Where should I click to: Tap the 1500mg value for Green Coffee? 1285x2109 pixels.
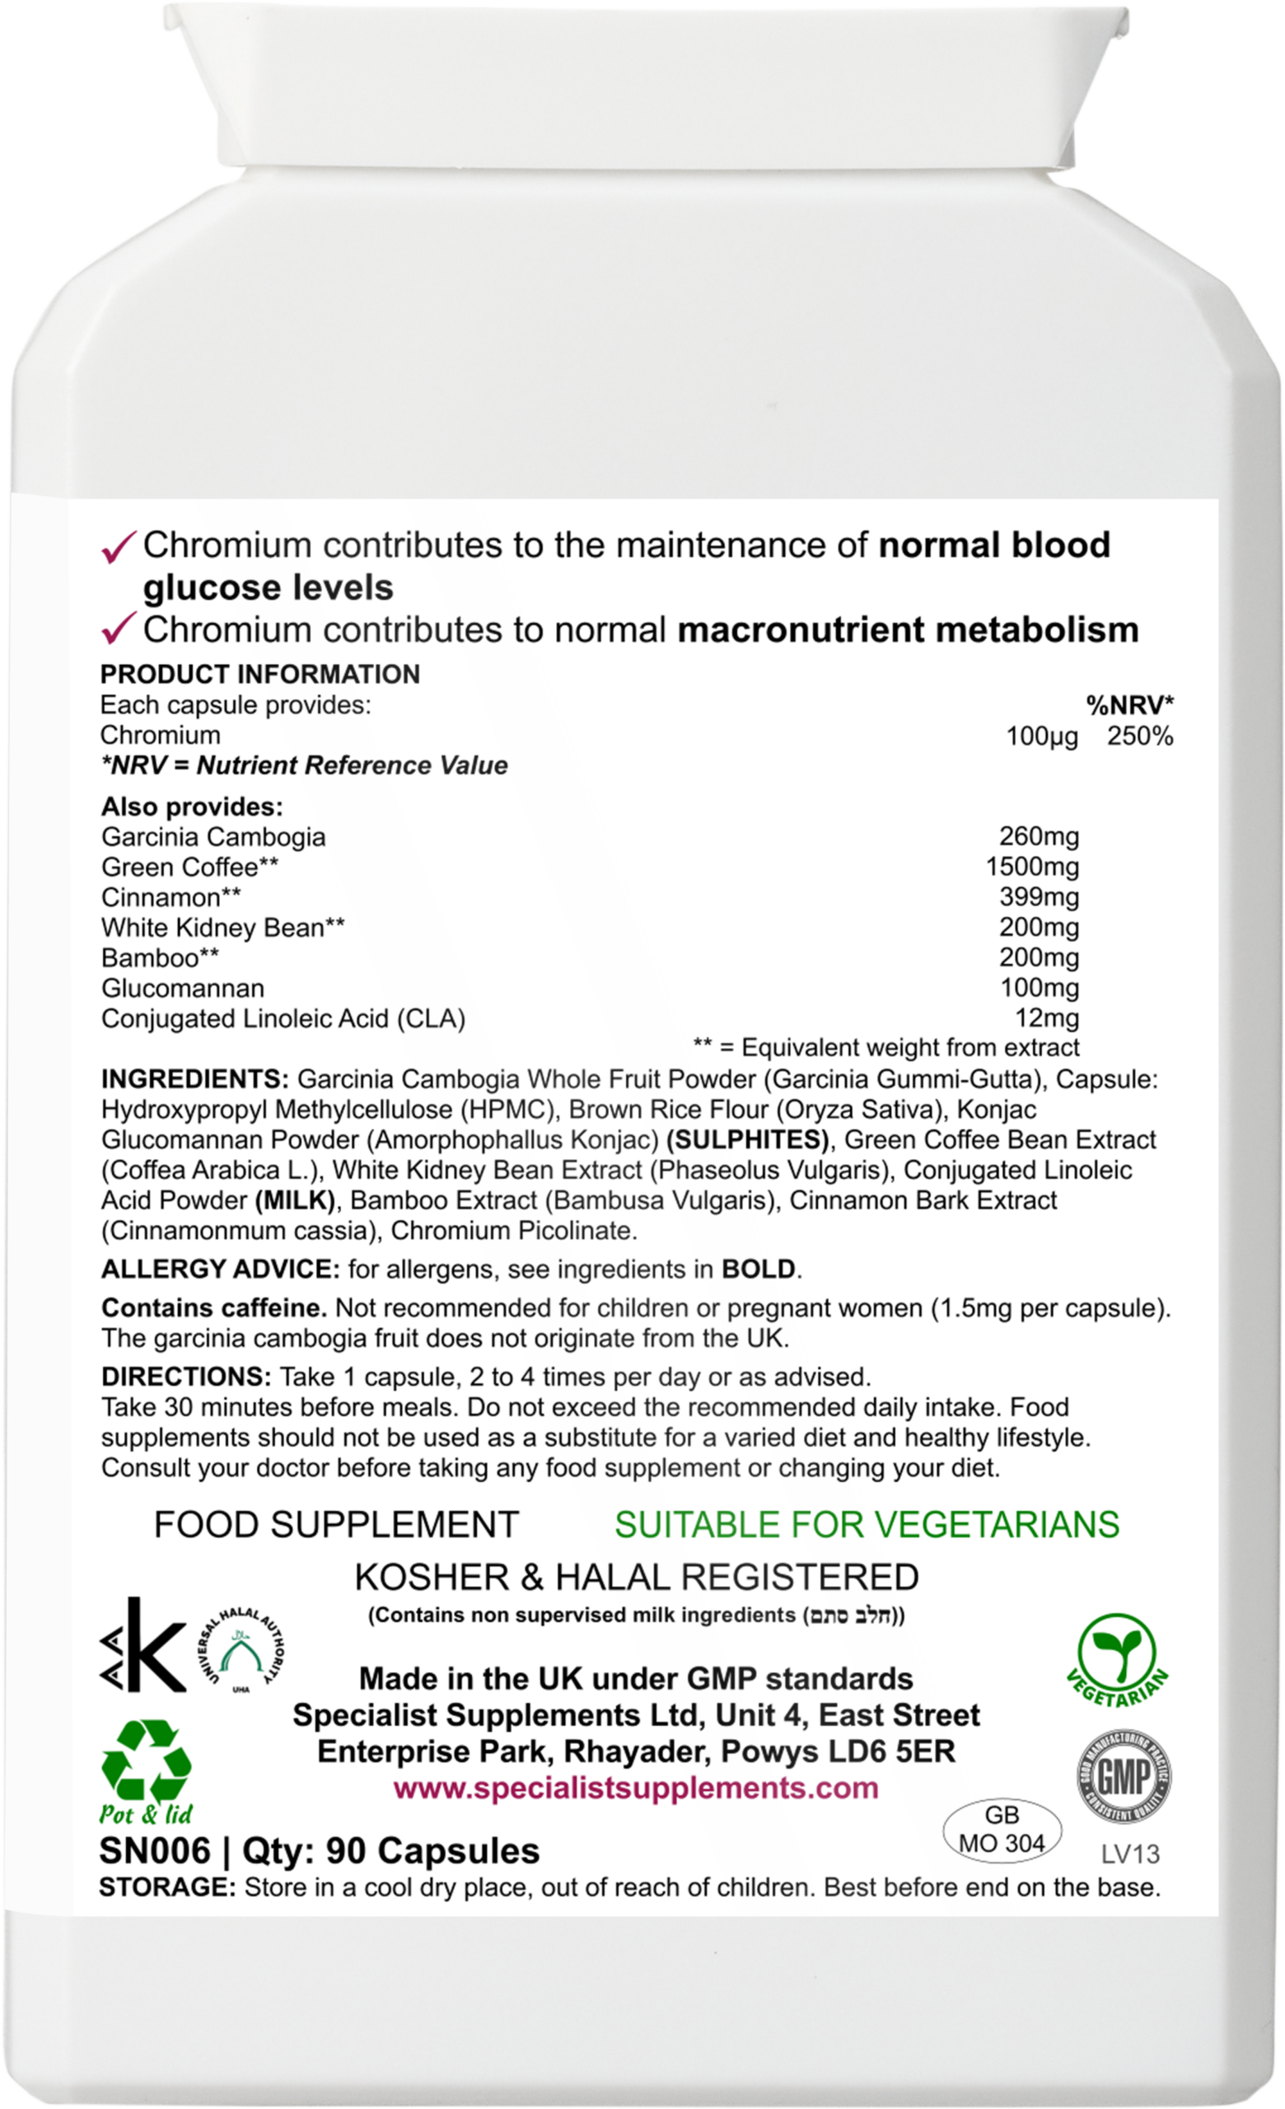point(1032,867)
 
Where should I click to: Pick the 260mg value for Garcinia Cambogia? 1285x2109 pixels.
point(1039,836)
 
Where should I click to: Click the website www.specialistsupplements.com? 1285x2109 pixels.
point(636,1787)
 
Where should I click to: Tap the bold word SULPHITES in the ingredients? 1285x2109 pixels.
point(747,1139)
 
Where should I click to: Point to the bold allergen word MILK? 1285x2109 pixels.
point(295,1200)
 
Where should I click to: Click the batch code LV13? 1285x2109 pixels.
point(1130,1854)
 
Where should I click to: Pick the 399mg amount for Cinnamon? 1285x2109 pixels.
point(1039,897)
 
